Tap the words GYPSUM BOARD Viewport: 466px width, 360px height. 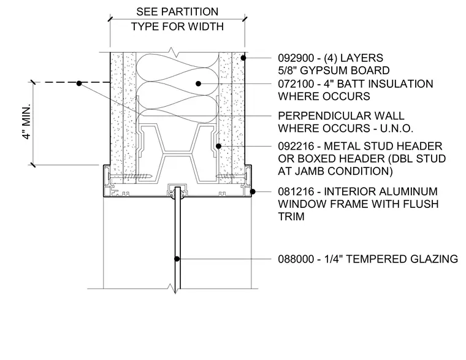pos(345,71)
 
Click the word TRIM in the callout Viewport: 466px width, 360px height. pos(291,216)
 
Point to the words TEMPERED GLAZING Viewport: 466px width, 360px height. pos(402,259)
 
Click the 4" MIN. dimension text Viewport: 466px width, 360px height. pos(26,122)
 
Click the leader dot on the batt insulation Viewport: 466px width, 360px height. pos(199,84)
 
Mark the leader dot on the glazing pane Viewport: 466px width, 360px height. pos(177,259)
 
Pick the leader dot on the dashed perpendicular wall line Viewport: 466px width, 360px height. pos(79,83)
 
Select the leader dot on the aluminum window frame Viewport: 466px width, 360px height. pos(253,191)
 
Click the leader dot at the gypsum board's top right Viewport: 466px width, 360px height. pos(243,58)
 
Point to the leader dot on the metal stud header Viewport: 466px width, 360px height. pos(218,146)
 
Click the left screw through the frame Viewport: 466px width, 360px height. pos(131,176)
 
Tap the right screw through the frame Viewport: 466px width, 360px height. pos(231,176)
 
